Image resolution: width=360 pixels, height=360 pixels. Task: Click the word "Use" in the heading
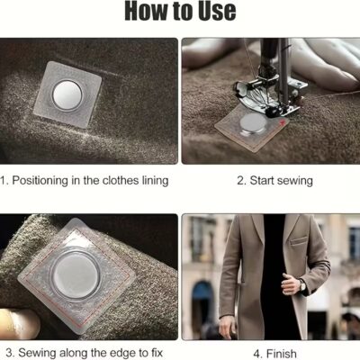(218, 11)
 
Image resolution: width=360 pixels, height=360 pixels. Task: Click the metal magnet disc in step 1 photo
(67, 95)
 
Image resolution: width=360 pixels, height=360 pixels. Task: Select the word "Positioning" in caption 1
(40, 181)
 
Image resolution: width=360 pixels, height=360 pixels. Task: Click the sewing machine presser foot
(264, 96)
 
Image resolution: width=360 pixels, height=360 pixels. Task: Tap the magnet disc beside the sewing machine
(254, 123)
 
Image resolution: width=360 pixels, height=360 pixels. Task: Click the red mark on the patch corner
(282, 121)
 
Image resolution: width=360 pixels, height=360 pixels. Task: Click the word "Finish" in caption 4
(282, 354)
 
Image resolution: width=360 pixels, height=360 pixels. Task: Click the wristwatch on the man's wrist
(301, 285)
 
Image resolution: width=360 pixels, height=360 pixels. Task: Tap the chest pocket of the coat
(299, 241)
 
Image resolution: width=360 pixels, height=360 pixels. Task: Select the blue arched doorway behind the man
(204, 303)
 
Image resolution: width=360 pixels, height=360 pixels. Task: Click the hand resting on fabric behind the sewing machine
(324, 65)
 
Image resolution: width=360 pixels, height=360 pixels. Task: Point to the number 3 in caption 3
(9, 353)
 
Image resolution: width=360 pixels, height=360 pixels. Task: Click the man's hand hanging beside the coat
(227, 326)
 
